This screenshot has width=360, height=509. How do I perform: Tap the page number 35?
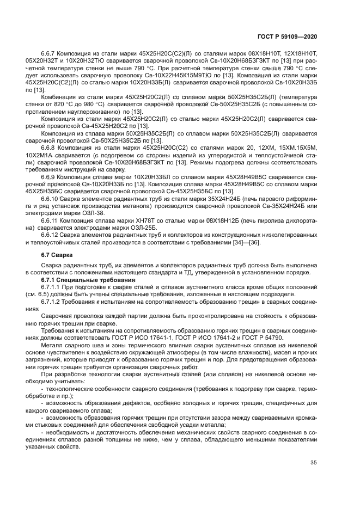313,463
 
